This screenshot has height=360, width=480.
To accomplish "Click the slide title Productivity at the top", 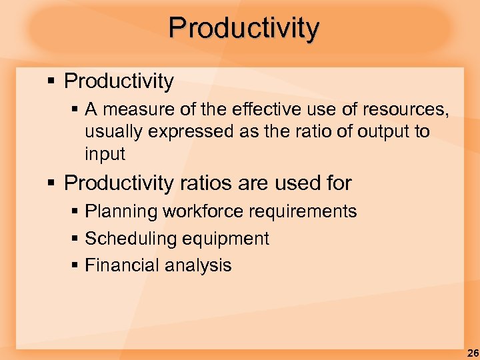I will coord(244,28).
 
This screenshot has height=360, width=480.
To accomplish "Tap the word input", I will coord(105,154).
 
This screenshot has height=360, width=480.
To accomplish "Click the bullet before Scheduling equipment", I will coord(76,239).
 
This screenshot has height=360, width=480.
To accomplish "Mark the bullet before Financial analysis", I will coord(76,265).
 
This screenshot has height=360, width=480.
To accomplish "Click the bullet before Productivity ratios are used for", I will coord(51,183).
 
